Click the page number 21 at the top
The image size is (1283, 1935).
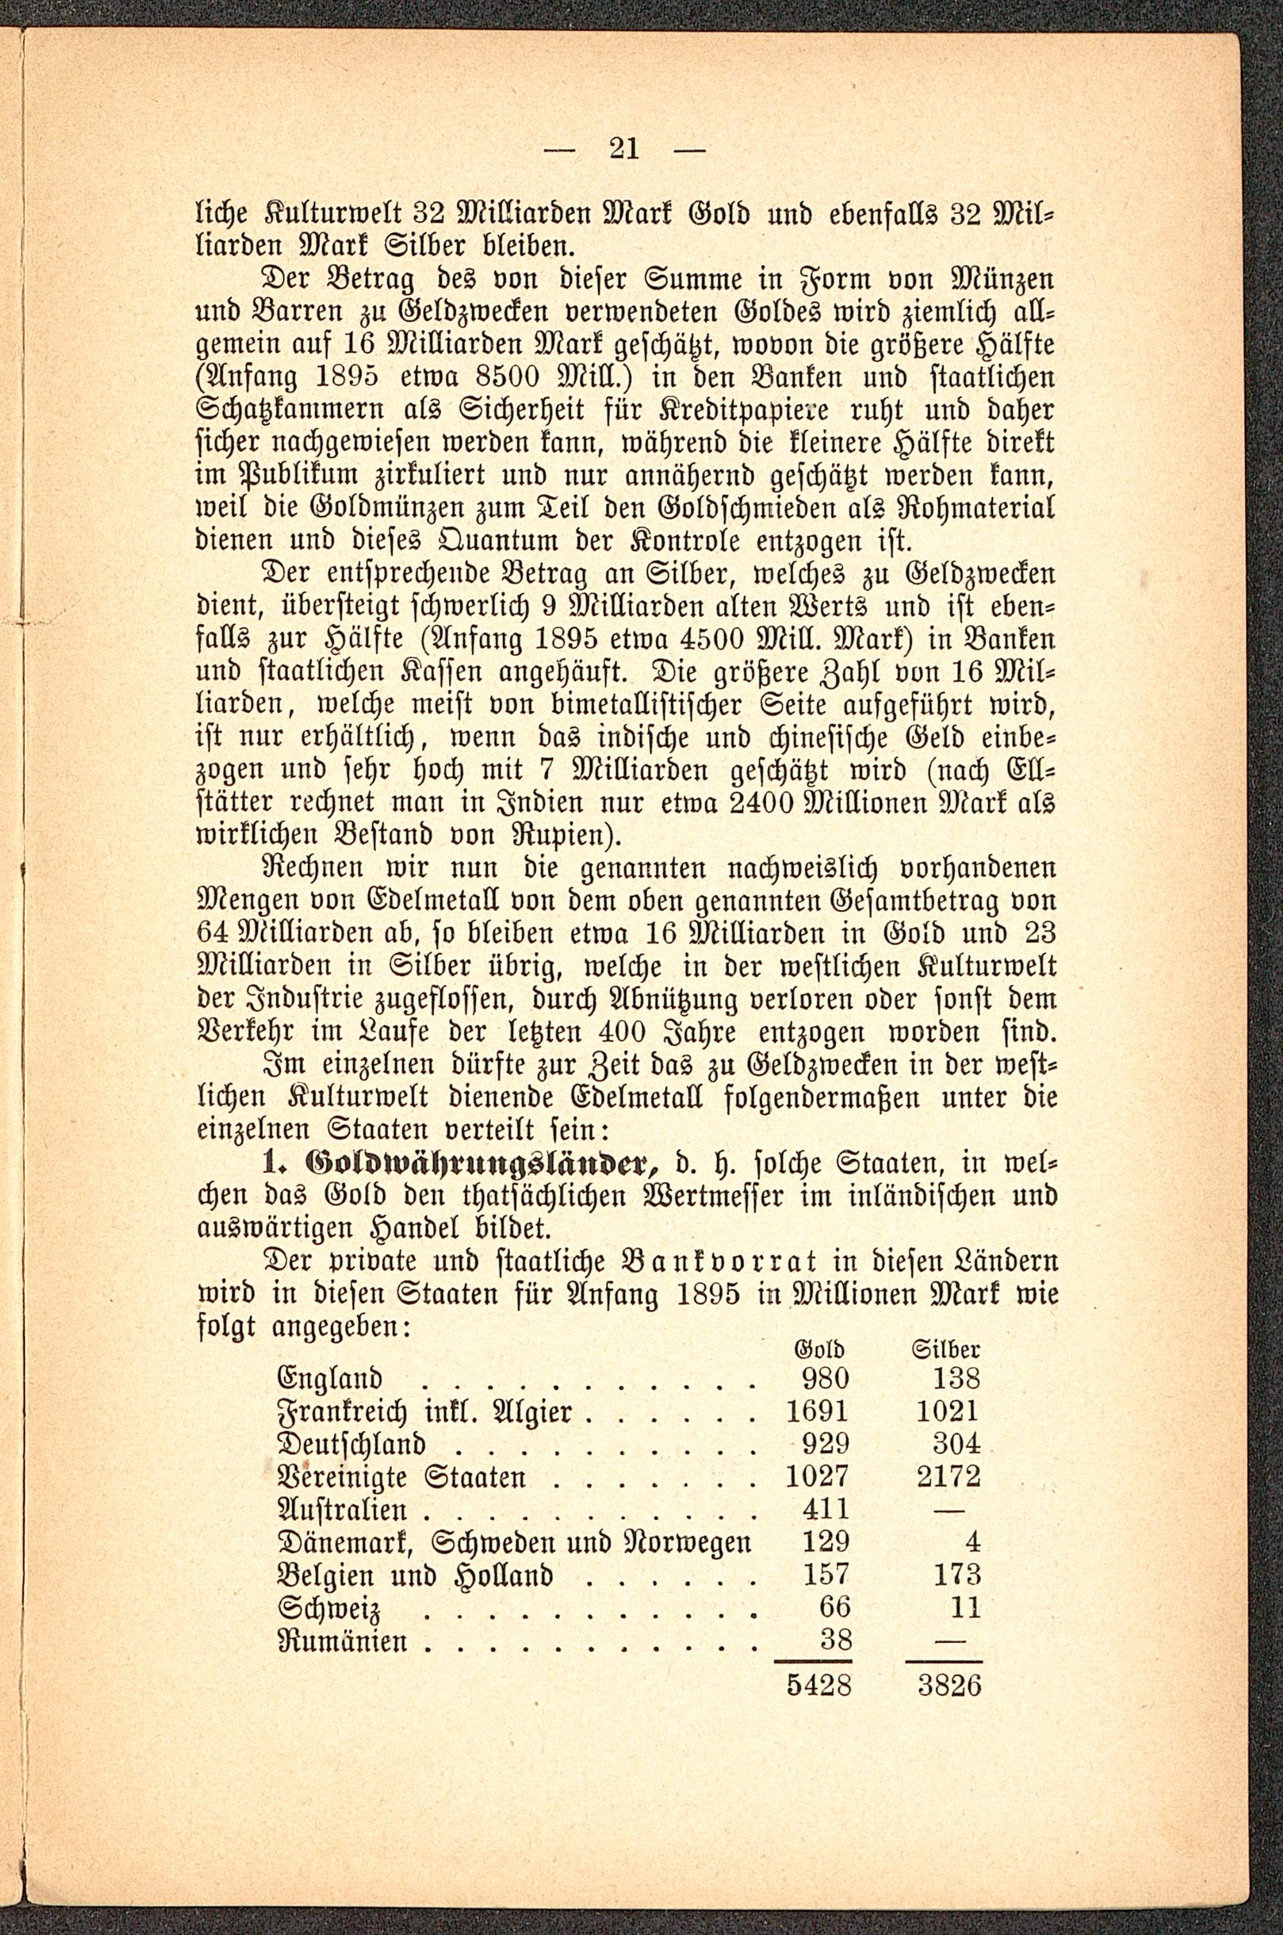pyautogui.click(x=624, y=149)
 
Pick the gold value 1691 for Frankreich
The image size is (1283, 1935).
pyautogui.click(x=816, y=1411)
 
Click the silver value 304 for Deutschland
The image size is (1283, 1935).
pyautogui.click(x=956, y=1444)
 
